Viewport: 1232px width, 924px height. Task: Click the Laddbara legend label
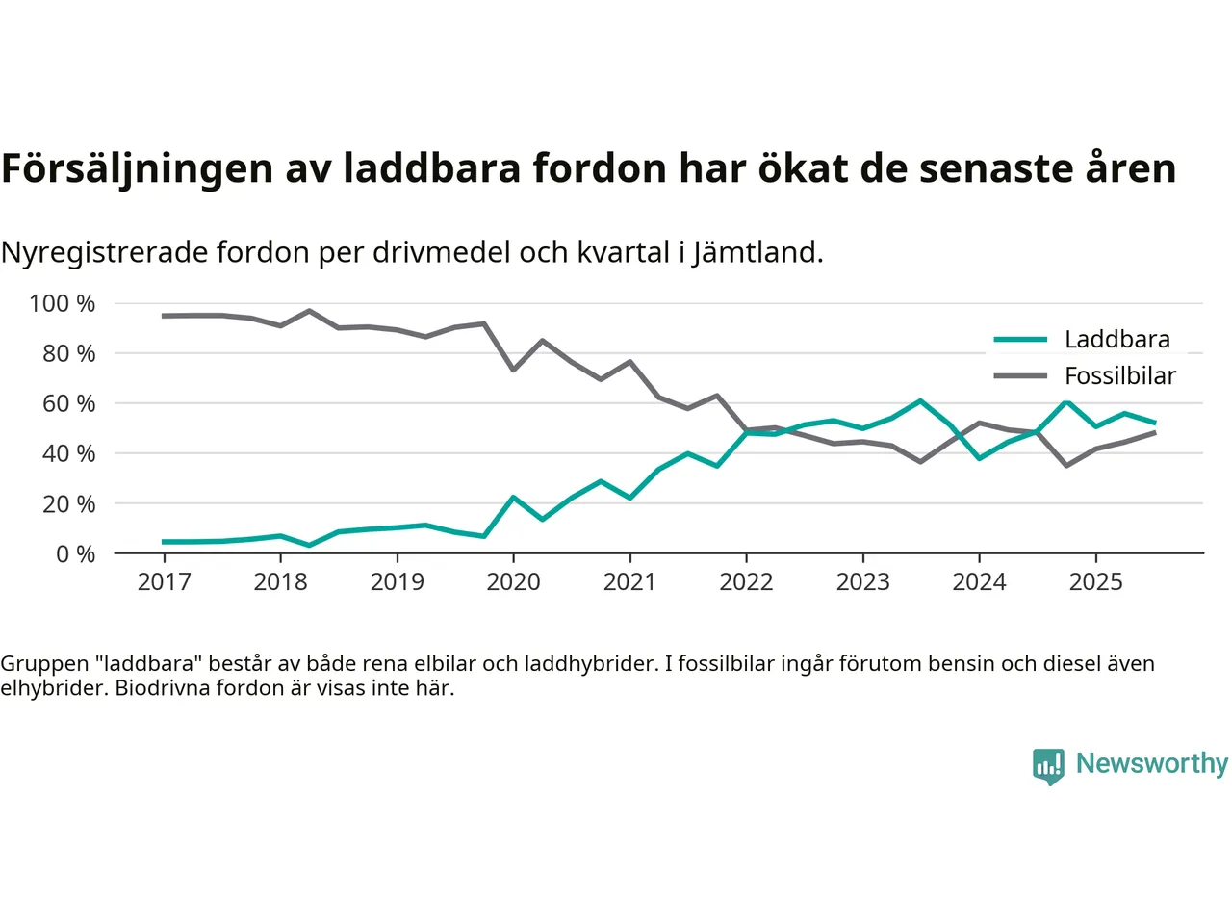(1116, 340)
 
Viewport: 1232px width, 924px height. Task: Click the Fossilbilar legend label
(1119, 376)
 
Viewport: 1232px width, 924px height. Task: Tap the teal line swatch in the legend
(1020, 340)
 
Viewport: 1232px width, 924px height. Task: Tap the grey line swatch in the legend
(1020, 376)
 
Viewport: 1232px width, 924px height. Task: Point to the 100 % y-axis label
(63, 304)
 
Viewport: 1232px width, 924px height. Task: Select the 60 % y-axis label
(68, 404)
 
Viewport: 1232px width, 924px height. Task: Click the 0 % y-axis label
(75, 554)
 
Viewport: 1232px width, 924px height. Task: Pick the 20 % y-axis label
(68, 504)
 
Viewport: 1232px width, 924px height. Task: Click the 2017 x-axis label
(164, 582)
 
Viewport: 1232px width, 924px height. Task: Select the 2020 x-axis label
(513, 582)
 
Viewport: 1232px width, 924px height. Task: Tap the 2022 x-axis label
(746, 582)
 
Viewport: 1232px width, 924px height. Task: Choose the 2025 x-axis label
(1095, 582)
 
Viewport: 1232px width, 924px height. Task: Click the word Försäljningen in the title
(137, 169)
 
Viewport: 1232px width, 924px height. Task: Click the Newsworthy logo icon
(1048, 766)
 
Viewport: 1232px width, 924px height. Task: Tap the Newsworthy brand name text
(1151, 764)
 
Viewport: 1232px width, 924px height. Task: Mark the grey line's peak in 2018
(309, 311)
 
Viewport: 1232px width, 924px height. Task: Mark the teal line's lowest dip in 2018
(309, 545)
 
